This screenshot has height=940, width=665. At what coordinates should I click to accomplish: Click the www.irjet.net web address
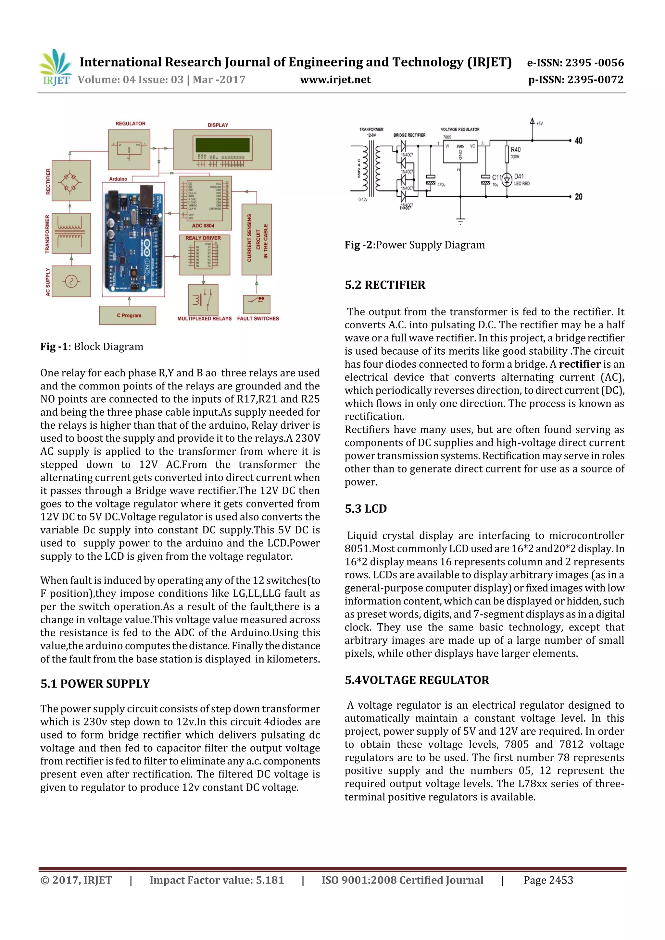pyautogui.click(x=335, y=80)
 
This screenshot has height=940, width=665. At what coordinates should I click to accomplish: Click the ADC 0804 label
pyautogui.click(x=203, y=226)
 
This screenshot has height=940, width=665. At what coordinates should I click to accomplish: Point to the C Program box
pyautogui.click(x=128, y=315)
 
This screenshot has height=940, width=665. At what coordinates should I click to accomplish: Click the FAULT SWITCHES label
pyautogui.click(x=258, y=319)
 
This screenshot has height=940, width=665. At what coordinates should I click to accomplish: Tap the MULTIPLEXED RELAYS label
pyautogui.click(x=205, y=319)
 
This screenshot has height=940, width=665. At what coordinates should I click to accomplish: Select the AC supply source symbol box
pyautogui.click(x=72, y=281)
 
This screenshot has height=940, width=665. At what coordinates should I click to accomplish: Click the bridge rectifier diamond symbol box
pyautogui.click(x=71, y=180)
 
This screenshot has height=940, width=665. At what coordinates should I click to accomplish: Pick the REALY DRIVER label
pyautogui.click(x=203, y=238)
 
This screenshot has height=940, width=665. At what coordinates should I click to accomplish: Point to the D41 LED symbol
pyautogui.click(x=507, y=179)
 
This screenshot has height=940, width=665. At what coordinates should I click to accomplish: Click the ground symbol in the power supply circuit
pyautogui.click(x=460, y=222)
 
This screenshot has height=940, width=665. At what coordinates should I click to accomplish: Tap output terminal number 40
pyautogui.click(x=578, y=141)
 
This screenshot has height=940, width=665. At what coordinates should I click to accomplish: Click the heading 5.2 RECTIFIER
pyautogui.click(x=385, y=285)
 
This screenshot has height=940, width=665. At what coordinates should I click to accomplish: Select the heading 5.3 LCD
pyautogui.click(x=366, y=508)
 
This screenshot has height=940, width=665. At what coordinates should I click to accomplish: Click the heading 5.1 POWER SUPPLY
pyautogui.click(x=95, y=684)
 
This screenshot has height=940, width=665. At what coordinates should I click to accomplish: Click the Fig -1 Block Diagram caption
pyautogui.click(x=92, y=347)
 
